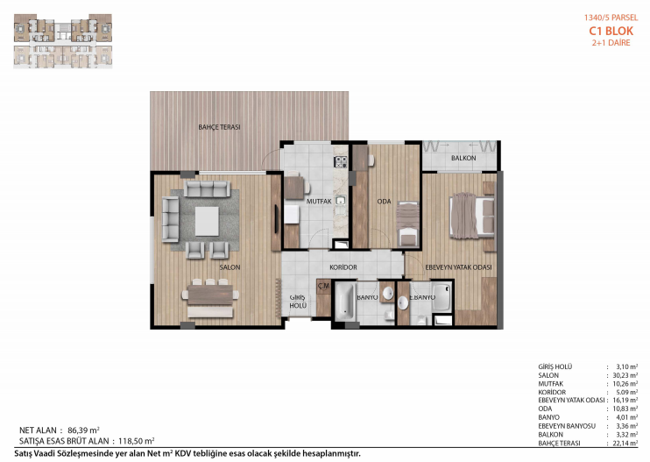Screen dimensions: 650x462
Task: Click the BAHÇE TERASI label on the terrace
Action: [x=219, y=127]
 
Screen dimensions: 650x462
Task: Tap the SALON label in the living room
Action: [x=230, y=267]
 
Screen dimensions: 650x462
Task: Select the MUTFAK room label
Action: [x=319, y=201]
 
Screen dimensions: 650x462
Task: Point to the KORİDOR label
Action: [x=343, y=267]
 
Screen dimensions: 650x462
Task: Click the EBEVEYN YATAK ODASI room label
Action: [x=458, y=267]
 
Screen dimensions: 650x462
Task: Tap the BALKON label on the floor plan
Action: [x=463, y=158]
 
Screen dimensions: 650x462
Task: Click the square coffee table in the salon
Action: [x=207, y=221]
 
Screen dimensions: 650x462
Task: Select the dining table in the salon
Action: [x=210, y=295]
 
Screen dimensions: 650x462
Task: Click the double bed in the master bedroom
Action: [x=472, y=216]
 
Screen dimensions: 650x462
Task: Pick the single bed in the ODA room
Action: [x=407, y=224]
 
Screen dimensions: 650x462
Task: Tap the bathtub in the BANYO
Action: [x=345, y=302]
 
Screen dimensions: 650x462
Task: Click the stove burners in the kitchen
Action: [x=341, y=161]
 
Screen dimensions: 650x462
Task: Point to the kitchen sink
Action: [x=341, y=201]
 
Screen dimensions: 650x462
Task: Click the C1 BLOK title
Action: [x=611, y=31]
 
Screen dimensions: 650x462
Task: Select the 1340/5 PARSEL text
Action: [x=611, y=18]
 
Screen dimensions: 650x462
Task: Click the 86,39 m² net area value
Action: [x=83, y=430]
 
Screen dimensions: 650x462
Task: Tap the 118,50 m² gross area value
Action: [x=137, y=441]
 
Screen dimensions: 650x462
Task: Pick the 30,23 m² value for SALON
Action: [x=625, y=375]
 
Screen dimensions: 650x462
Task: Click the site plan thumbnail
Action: [x=63, y=40]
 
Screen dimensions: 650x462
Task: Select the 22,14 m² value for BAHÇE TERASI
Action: [x=625, y=443]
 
